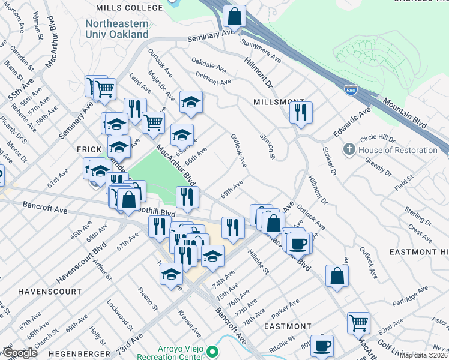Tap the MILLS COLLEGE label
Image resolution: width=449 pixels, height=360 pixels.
(x=129, y=8)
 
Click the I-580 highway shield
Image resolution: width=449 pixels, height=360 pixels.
(x=351, y=90)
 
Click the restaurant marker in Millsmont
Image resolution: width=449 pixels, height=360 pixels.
(x=301, y=112)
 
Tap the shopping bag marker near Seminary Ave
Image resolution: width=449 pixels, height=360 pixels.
(x=234, y=16)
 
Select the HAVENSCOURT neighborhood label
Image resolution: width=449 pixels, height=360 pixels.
(x=49, y=292)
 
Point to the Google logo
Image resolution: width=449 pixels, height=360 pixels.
(x=20, y=353)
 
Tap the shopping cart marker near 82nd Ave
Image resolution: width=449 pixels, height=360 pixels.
(x=358, y=322)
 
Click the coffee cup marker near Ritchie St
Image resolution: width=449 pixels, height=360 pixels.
(x=322, y=346)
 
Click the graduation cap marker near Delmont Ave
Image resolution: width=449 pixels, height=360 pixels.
(x=191, y=102)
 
